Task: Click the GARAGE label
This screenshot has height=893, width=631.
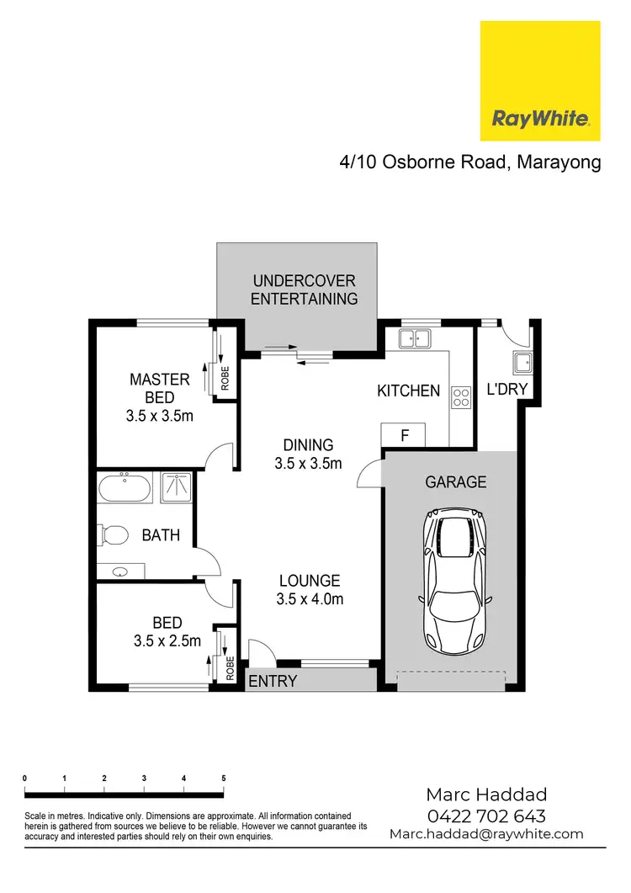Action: (455, 482)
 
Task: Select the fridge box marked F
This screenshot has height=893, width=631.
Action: (404, 436)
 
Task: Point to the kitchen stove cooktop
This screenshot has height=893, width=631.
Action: (461, 397)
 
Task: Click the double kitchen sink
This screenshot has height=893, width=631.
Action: (414, 338)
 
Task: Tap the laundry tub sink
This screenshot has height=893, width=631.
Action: (520, 364)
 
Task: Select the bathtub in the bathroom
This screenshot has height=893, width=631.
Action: (124, 487)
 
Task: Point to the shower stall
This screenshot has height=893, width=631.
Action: (175, 487)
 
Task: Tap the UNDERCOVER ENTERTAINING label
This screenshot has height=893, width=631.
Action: (304, 290)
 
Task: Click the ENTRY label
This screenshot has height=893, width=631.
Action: (273, 681)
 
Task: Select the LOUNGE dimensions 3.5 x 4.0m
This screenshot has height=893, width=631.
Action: (309, 599)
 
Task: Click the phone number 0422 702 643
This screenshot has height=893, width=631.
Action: (485, 816)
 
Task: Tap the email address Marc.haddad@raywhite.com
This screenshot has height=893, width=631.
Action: (485, 834)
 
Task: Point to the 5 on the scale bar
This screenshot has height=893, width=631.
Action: (224, 778)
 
